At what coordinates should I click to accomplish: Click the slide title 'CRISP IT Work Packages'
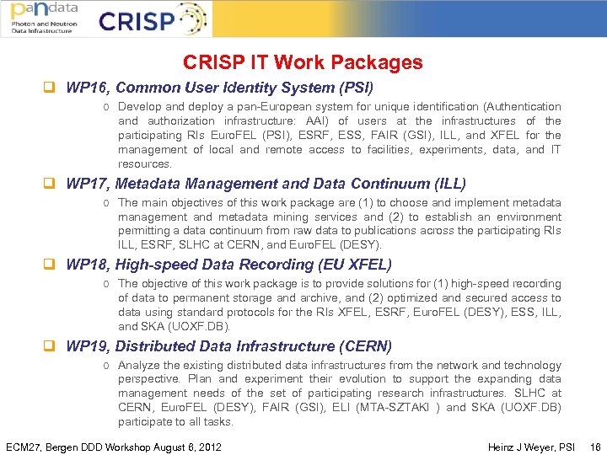[x=303, y=62]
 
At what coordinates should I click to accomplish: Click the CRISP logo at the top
[x=152, y=19]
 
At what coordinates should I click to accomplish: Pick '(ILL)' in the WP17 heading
[x=448, y=183]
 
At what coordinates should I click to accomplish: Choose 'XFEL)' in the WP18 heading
[x=368, y=265]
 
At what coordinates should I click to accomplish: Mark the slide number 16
[x=596, y=447]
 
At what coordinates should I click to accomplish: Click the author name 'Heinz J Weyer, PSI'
[x=531, y=447]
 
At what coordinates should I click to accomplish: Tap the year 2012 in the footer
[x=207, y=447]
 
